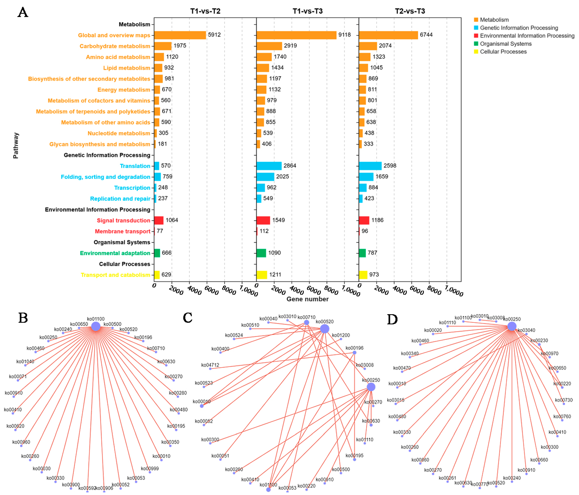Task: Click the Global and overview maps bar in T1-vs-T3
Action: pos(296,35)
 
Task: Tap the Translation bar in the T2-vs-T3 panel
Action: pos(370,166)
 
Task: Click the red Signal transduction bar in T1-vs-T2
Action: pos(159,220)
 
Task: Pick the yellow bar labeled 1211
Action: pos(262,275)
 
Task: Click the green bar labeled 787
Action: pos(362,253)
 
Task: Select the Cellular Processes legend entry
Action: pos(503,52)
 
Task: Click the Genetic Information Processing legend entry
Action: pos(519,28)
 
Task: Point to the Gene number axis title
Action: pos(307,299)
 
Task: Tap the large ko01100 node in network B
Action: pos(96,326)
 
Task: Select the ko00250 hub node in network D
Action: pos(512,326)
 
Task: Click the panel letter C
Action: pos(188,317)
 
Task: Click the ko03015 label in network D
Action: pos(395,400)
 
